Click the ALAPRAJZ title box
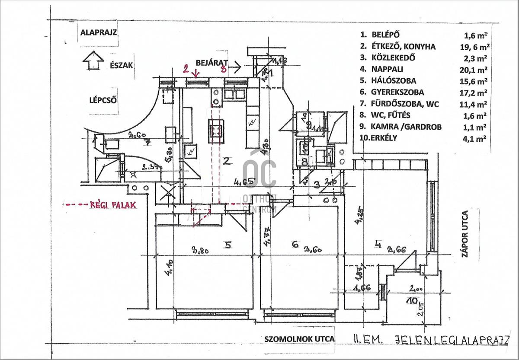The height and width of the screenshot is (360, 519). [x=99, y=32]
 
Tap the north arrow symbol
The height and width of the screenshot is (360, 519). [x=93, y=60]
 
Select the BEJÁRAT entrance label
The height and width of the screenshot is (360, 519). [x=212, y=63]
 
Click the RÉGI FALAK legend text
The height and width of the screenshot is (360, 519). [x=113, y=205]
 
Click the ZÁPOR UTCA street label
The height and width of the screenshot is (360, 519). [x=465, y=234]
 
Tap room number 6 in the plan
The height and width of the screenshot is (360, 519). [x=295, y=245]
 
